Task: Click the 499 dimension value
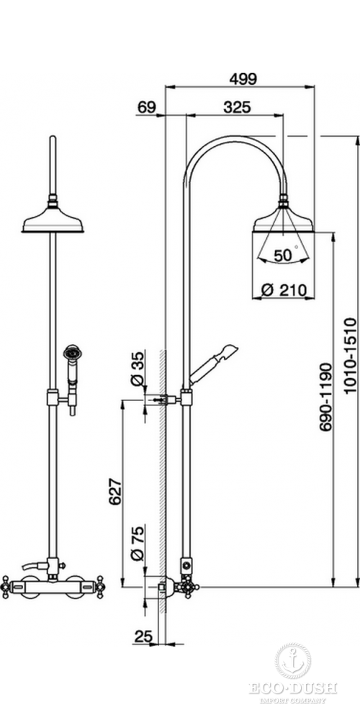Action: click(x=243, y=78)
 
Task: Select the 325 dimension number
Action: click(x=238, y=107)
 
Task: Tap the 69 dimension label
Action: click(x=146, y=107)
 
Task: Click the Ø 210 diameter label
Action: click(x=283, y=289)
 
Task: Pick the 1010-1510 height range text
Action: click(x=350, y=355)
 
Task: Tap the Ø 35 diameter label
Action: click(x=138, y=368)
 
